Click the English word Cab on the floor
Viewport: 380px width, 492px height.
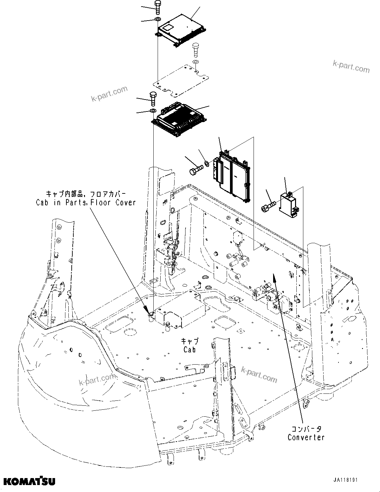pos(190,349)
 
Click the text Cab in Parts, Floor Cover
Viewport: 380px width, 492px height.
pos(86,202)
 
